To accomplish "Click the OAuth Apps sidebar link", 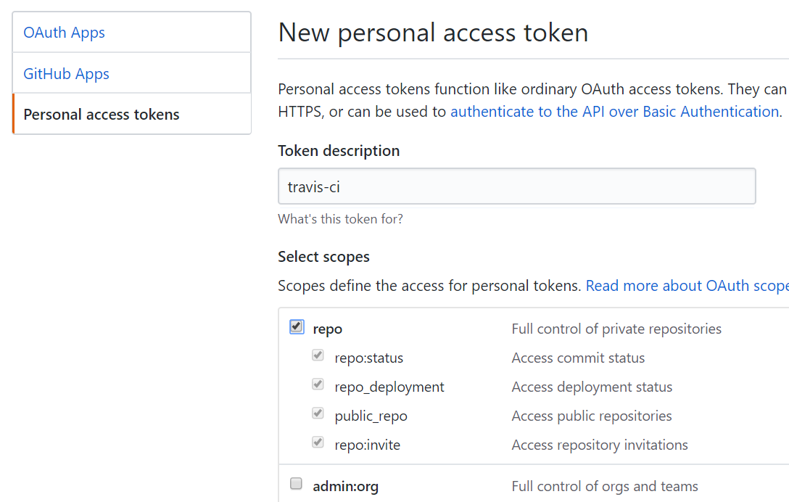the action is click(x=64, y=33).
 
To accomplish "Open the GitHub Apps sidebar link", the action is click(x=66, y=74).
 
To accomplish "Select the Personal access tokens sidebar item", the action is click(x=101, y=115).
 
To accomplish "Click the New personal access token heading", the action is click(x=433, y=33).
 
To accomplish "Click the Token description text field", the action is click(x=517, y=186).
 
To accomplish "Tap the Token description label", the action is click(x=339, y=151).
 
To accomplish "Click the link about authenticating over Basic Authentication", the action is click(x=614, y=111).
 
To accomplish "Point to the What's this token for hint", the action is click(x=340, y=219).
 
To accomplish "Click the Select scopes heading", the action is click(x=323, y=257).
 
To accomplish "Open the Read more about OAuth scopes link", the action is click(x=687, y=286).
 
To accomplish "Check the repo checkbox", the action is click(x=297, y=326).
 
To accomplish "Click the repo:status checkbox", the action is click(x=318, y=355).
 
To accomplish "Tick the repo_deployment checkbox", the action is click(x=318, y=384).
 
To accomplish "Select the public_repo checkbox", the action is click(x=318, y=413).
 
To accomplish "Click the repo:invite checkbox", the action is click(x=318, y=442).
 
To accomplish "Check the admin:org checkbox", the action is click(x=297, y=484).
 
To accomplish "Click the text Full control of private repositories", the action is click(x=616, y=329).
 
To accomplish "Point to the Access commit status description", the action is click(x=578, y=358).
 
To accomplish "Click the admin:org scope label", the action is click(x=346, y=486).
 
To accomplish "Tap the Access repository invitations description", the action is click(x=600, y=445).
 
